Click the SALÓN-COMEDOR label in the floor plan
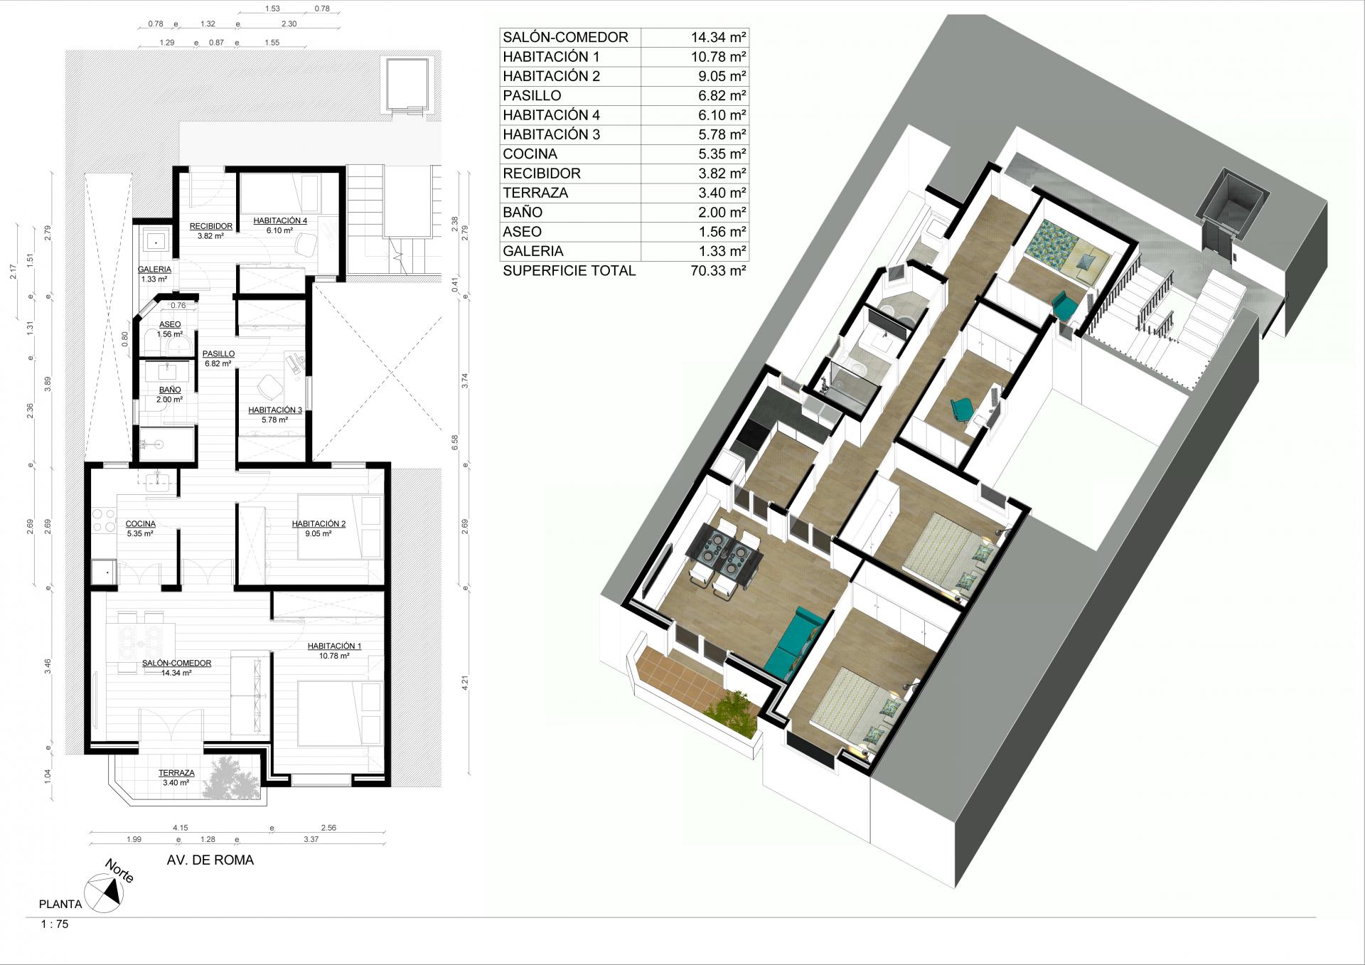(177, 663)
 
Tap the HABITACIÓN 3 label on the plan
(275, 410)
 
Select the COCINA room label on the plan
(141, 523)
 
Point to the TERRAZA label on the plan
(176, 773)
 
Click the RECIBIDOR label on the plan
(211, 226)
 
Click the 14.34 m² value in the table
(718, 38)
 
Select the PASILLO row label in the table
(532, 96)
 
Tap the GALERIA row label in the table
(533, 251)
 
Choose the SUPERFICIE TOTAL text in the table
(569, 271)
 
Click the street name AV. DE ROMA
(210, 860)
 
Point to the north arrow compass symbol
(102, 892)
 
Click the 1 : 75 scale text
(55, 925)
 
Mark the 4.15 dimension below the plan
(180, 828)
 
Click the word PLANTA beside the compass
(60, 905)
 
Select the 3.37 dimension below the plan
(311, 839)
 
